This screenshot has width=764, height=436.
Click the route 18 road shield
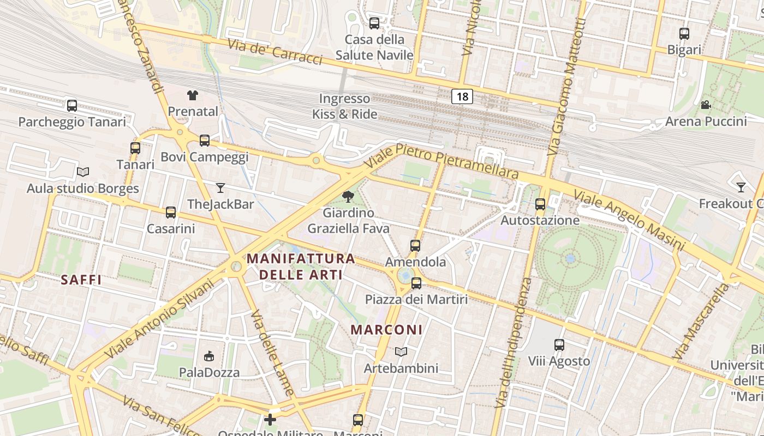(x=462, y=97)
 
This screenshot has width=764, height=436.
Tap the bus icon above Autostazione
(x=540, y=204)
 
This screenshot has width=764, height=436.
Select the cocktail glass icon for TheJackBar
(x=220, y=188)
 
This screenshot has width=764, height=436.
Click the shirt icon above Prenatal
(x=192, y=95)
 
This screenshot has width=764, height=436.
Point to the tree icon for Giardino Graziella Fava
(x=348, y=197)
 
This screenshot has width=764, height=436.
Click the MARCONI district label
(x=386, y=330)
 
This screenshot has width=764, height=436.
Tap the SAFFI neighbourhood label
(x=81, y=280)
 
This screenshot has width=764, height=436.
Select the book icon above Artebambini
(x=401, y=352)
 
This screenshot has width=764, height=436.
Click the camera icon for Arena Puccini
(x=706, y=105)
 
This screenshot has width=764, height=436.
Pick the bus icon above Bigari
(x=684, y=34)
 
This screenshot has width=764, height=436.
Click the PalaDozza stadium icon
(x=209, y=356)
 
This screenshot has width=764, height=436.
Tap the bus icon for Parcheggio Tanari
(x=72, y=106)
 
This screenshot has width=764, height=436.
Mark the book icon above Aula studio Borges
(x=83, y=172)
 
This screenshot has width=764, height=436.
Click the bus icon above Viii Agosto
(x=559, y=345)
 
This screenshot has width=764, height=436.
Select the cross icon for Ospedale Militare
(x=270, y=420)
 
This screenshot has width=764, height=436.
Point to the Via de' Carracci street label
(x=275, y=52)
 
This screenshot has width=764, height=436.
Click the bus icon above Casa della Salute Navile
(x=374, y=23)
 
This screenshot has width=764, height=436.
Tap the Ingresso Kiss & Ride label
(x=344, y=106)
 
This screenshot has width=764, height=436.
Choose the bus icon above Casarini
(x=171, y=213)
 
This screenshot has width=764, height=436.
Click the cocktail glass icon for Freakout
(x=741, y=187)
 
